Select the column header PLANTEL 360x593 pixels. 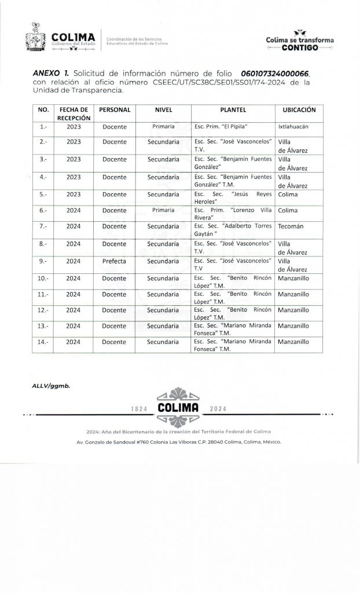pyautogui.click(x=233, y=109)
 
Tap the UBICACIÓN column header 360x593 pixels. pyautogui.click(x=299, y=109)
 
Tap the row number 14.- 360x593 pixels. pyautogui.click(x=43, y=342)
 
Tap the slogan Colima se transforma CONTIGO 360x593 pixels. pyautogui.click(x=300, y=42)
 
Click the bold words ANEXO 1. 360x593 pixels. pyautogui.click(x=48, y=75)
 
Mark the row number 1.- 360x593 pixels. pyautogui.click(x=43, y=126)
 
